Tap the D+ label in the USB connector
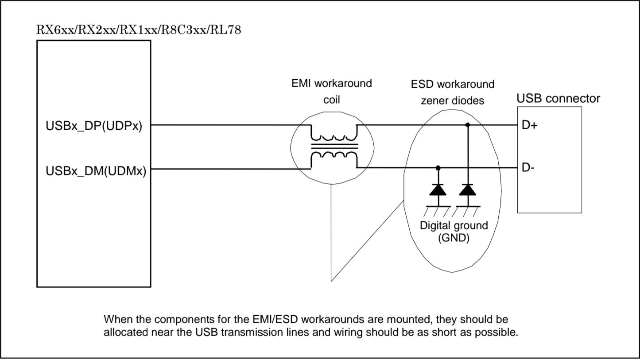tap(529, 125)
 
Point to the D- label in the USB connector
tap(528, 168)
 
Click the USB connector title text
tap(558, 98)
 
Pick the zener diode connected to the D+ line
tap(467, 190)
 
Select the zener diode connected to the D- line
tap(438, 190)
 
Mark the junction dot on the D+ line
tap(467, 125)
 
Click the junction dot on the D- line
tap(438, 168)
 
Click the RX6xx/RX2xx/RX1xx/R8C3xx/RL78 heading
tap(139, 31)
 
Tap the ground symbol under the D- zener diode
tap(438, 209)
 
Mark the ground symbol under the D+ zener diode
tap(467, 209)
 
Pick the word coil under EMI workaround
tap(331, 100)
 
